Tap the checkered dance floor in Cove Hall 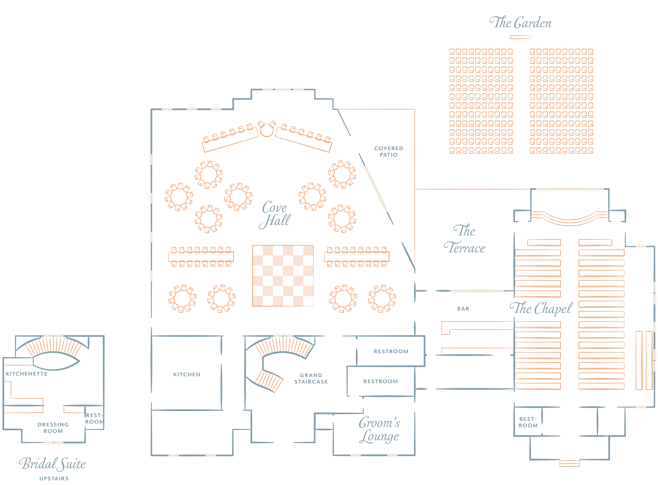tap(283, 276)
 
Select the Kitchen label tap(187, 374)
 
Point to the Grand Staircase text tap(311, 378)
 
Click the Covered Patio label tap(388, 151)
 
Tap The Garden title tap(520, 23)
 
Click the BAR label tap(463, 308)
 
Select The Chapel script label tap(541, 308)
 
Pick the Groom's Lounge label tap(379, 430)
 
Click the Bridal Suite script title tap(52, 464)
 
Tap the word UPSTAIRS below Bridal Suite tap(54, 478)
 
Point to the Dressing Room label tap(53, 428)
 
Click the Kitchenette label tap(26, 374)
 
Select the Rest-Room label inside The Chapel tap(528, 422)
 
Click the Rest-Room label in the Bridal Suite tap(94, 418)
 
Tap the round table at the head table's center tap(266, 130)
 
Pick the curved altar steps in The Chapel tap(570, 218)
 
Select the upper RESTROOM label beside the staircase tap(391, 351)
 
